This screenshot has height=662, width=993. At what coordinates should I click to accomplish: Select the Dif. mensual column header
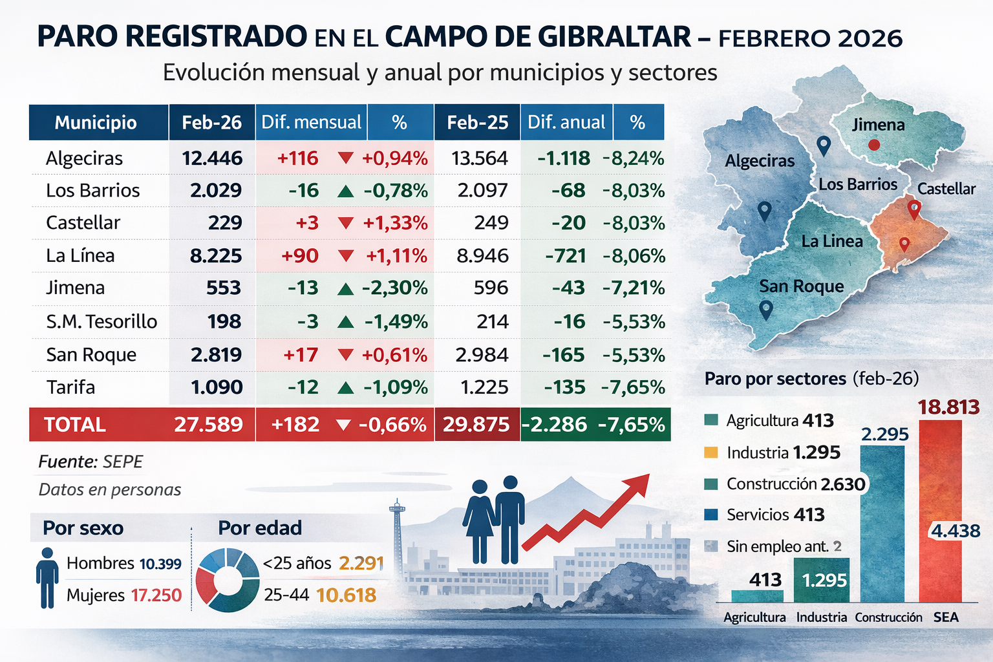click(x=311, y=122)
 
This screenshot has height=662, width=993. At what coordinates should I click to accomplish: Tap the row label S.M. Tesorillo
click(x=101, y=321)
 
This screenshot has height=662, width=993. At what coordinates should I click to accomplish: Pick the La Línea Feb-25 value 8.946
click(x=482, y=255)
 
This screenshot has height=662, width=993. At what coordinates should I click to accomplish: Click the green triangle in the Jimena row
click(x=346, y=288)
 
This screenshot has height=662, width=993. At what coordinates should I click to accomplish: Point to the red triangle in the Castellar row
click(x=346, y=223)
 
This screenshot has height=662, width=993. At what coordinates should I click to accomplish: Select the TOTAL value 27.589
click(x=208, y=425)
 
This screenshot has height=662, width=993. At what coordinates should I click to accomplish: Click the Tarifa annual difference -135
click(x=564, y=387)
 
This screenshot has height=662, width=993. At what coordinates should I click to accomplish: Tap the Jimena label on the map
click(x=878, y=124)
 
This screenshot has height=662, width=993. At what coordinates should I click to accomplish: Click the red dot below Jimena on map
click(x=874, y=145)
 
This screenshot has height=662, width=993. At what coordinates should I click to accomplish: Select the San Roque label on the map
click(x=801, y=286)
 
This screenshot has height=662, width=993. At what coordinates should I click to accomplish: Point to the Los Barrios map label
click(x=858, y=184)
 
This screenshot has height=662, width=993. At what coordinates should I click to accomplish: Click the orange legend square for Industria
click(x=710, y=453)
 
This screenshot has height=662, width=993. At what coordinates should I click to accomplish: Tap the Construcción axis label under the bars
click(x=888, y=617)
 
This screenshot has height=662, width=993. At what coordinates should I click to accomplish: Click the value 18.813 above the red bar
click(x=948, y=407)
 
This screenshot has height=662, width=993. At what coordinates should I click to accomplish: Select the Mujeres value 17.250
click(x=156, y=595)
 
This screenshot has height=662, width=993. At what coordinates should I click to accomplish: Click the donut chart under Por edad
click(x=227, y=580)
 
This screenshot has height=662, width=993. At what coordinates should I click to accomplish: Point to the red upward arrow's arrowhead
click(x=639, y=482)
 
